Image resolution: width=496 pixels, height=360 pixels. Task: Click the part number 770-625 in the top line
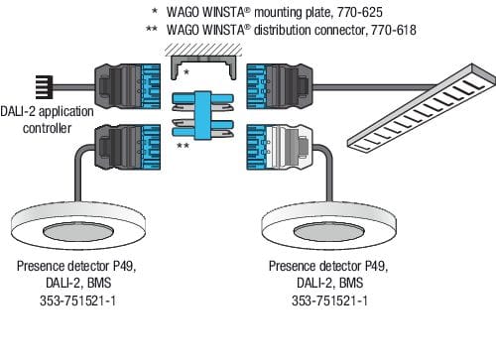[x=360, y=12]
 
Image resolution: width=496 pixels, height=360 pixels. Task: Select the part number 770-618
[x=394, y=30]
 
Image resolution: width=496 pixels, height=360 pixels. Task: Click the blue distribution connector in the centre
[x=203, y=115]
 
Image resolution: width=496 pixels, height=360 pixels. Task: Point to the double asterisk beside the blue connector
[x=183, y=146]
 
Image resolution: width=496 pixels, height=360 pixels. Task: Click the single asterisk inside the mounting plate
[x=186, y=72]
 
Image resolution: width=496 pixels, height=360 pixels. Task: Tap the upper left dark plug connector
[x=128, y=86]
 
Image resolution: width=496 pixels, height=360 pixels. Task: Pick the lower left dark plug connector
[x=128, y=147]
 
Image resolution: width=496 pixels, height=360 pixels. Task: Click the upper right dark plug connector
[x=280, y=86]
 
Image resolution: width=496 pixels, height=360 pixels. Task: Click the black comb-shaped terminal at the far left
[x=44, y=87]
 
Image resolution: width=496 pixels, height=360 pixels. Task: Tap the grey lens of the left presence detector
[x=78, y=231]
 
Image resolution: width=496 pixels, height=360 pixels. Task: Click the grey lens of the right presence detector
[x=329, y=231]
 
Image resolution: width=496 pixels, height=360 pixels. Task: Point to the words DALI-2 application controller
[x=47, y=120]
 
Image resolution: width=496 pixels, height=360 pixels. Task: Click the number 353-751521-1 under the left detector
[x=78, y=300]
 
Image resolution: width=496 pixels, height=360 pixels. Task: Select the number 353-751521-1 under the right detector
[x=329, y=300]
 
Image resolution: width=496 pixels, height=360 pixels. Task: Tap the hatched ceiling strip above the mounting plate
[x=203, y=50]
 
